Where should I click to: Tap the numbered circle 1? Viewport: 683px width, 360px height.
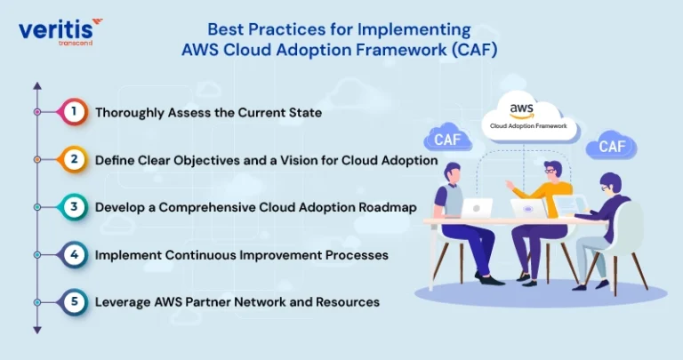pyautogui.click(x=74, y=112)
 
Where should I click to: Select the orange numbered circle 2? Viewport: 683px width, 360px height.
pyautogui.click(x=74, y=160)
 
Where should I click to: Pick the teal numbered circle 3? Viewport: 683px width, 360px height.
pyautogui.click(x=74, y=207)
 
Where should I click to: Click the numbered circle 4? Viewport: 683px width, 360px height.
pyautogui.click(x=74, y=254)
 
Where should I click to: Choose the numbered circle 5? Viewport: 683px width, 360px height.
pyautogui.click(x=74, y=302)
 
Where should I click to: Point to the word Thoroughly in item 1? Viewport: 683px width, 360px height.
pyautogui.click(x=130, y=113)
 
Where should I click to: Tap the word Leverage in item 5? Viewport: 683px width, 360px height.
pyautogui.click(x=123, y=302)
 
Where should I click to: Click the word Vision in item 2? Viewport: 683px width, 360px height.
pyautogui.click(x=299, y=160)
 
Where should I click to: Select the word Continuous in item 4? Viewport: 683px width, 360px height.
pyautogui.click(x=198, y=255)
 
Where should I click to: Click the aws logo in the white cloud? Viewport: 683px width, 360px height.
pyautogui.click(x=521, y=110)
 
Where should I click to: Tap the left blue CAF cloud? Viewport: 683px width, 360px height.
pyautogui.click(x=447, y=139)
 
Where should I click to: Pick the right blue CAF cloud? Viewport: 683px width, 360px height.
pyautogui.click(x=611, y=145)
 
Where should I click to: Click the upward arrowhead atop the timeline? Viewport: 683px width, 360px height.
pyautogui.click(x=37, y=85)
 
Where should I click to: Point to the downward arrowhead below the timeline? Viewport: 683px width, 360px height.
pyautogui.click(x=37, y=331)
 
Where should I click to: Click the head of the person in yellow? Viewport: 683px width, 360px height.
pyautogui.click(x=552, y=170)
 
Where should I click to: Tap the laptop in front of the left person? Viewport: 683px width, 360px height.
pyautogui.click(x=476, y=208)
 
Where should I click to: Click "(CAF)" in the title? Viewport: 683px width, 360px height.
pyautogui.click(x=474, y=50)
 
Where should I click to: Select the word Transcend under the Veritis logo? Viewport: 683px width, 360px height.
pyautogui.click(x=76, y=43)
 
